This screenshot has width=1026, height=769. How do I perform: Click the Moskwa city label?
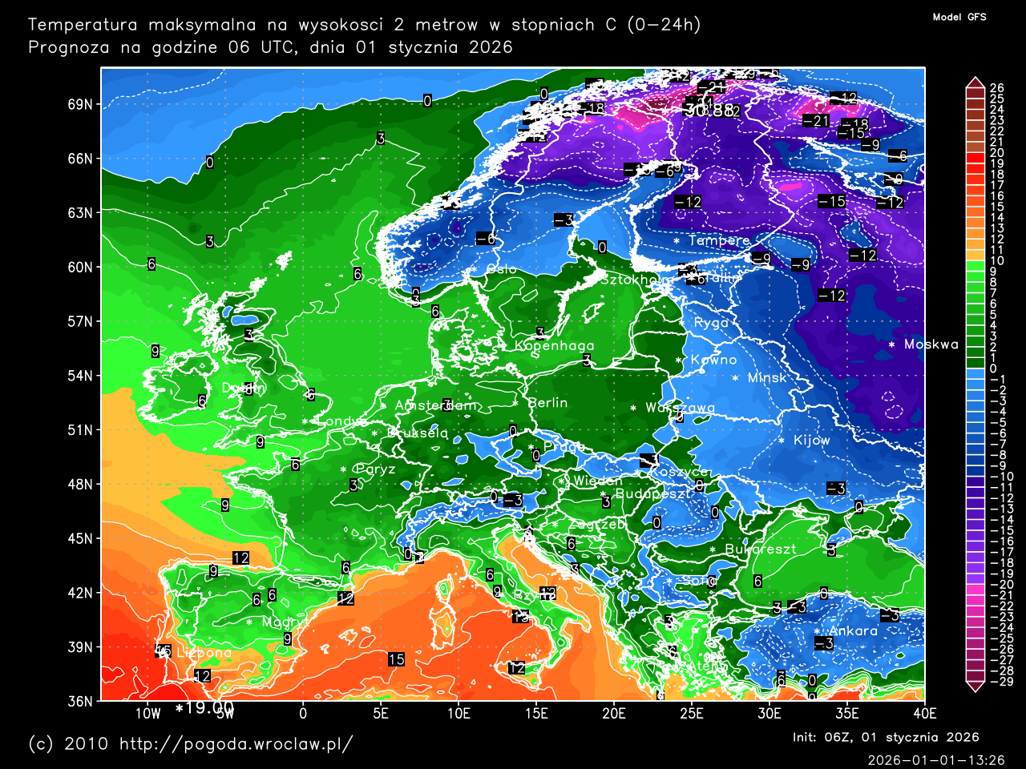click(931, 344)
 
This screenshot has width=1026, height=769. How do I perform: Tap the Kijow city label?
click(811, 441)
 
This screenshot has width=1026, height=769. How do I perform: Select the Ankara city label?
click(853, 631)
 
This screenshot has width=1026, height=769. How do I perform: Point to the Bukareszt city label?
click(761, 550)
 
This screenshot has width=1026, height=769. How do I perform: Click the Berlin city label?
click(547, 403)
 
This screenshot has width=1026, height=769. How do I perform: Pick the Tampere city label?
click(718, 240)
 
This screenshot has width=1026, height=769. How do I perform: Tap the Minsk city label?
click(767, 378)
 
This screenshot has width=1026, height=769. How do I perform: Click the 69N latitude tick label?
click(79, 105)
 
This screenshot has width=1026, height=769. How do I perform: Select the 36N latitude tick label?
click(79, 701)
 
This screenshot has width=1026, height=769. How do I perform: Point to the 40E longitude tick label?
click(924, 714)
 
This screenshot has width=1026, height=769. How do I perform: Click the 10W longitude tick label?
click(147, 714)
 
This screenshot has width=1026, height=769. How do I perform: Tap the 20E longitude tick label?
click(613, 714)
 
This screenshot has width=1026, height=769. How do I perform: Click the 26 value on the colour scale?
click(996, 88)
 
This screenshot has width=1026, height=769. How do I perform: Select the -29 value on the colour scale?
click(1000, 682)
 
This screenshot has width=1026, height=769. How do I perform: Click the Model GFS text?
click(959, 17)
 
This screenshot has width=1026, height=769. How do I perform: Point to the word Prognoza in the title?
click(68, 47)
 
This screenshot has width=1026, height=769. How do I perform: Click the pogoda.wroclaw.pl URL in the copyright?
click(236, 744)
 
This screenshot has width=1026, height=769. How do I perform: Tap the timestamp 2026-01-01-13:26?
click(935, 759)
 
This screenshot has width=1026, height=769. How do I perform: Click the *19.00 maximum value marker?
click(204, 708)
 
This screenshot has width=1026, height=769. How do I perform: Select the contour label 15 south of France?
click(396, 659)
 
